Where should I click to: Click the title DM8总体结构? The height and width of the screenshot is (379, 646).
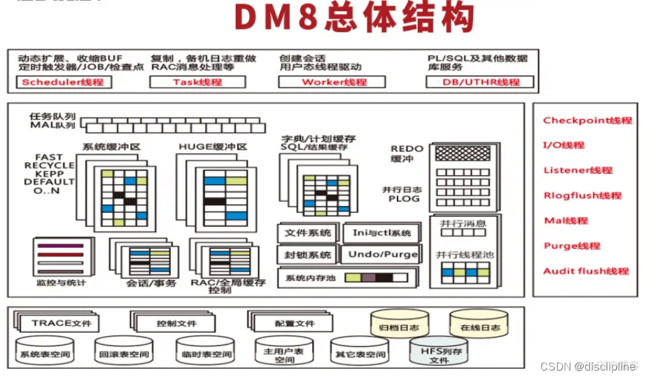353,19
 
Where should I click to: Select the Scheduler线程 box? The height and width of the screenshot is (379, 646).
63,82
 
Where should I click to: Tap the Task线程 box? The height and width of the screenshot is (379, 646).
197,82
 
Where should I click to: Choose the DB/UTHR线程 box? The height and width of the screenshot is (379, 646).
479,82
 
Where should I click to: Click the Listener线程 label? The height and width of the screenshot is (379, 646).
577,170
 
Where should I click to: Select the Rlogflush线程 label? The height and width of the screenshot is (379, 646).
582,195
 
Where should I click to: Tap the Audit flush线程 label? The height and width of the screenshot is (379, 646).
586,271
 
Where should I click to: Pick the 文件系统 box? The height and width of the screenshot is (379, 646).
307,233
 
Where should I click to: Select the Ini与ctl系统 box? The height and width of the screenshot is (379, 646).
381,233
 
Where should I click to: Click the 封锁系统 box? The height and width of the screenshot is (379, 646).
307,254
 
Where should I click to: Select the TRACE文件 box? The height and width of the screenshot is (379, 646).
62,323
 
